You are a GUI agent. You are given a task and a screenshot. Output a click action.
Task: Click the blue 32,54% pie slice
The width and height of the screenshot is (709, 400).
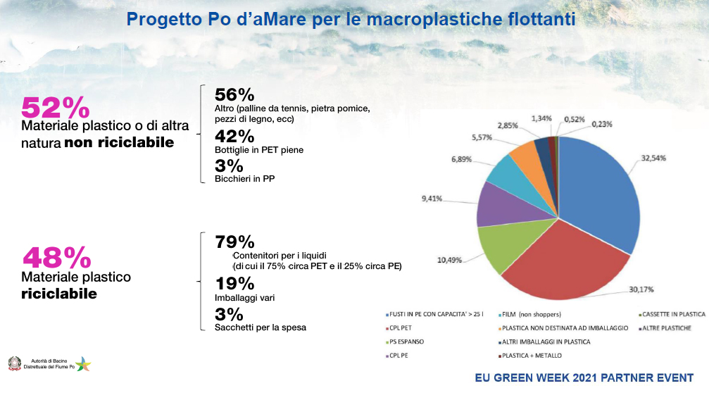598,183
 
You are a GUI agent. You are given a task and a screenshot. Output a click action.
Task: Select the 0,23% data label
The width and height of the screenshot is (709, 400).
601,124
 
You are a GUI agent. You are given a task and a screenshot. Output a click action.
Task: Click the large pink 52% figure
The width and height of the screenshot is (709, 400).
56,108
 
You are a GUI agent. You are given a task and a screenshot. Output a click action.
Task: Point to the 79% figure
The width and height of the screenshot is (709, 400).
234,242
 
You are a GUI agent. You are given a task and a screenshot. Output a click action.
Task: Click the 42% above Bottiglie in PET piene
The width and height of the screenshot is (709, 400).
234,136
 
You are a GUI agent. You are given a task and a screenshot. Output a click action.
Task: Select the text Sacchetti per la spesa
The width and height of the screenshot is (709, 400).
261,327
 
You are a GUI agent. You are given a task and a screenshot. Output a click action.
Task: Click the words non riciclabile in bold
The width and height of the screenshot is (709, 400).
119,144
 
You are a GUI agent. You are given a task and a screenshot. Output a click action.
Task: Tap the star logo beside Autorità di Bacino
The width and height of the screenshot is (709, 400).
83,364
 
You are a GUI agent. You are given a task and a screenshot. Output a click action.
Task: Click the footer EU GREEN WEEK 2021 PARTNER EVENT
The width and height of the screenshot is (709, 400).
584,377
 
